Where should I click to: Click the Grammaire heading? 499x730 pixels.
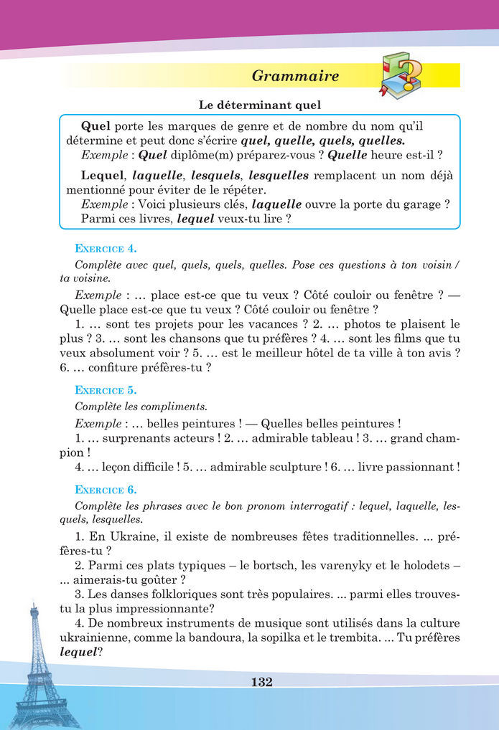[x=296, y=76]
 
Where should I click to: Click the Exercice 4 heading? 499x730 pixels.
[x=106, y=249]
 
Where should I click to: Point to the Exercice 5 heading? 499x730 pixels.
[x=106, y=391]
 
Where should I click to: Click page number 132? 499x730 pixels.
[x=261, y=682]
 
